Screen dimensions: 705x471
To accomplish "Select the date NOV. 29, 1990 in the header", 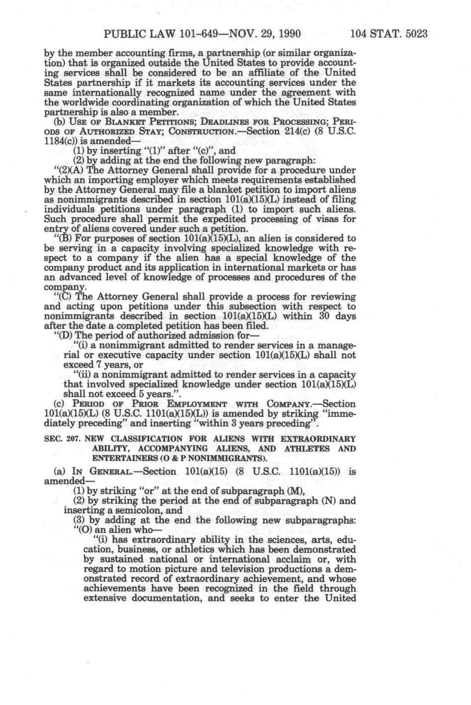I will click(x=259, y=35).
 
